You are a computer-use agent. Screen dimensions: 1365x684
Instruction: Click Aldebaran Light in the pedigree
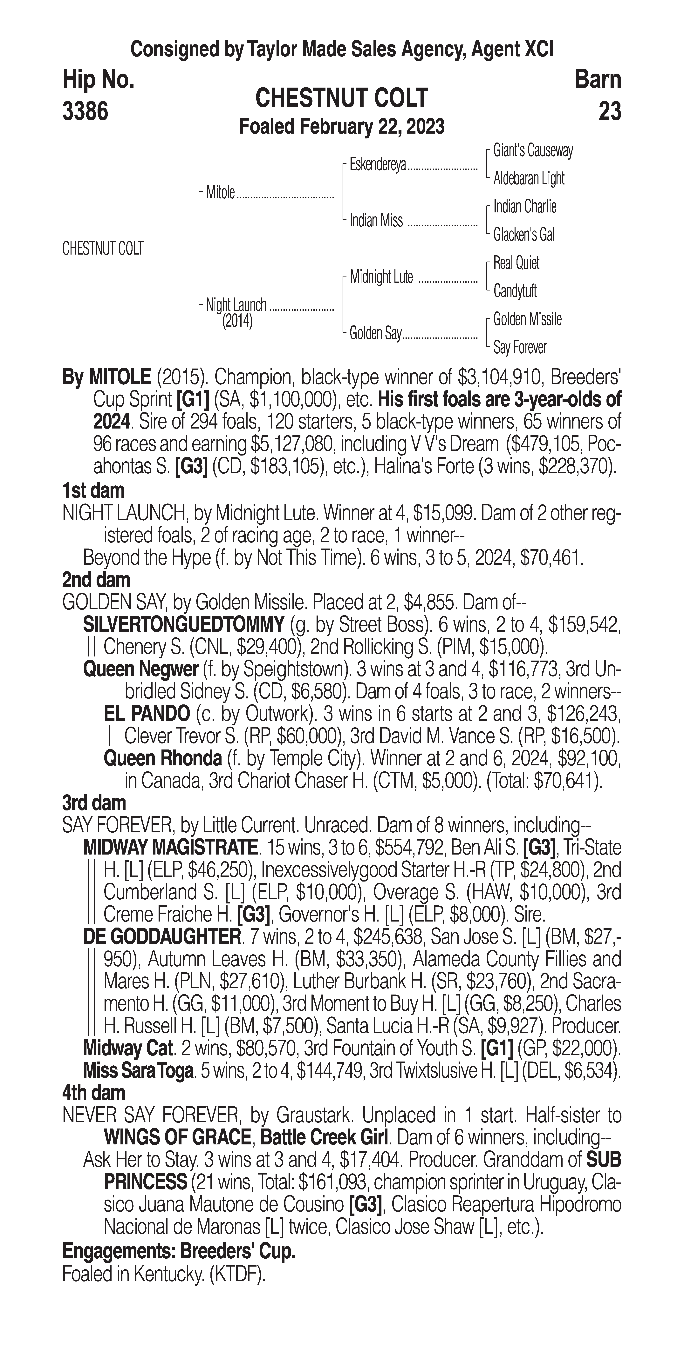coord(529,179)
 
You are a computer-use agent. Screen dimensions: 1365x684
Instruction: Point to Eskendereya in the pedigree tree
coord(378,165)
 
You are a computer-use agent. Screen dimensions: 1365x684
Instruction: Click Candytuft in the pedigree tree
coord(515,291)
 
